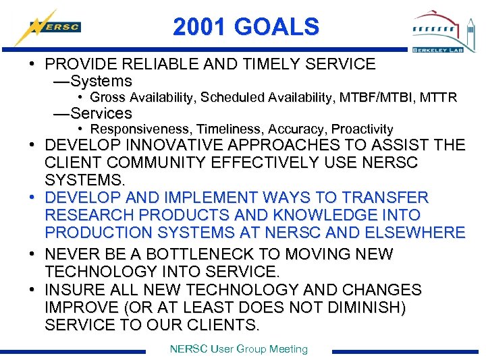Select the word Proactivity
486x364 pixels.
click(362, 129)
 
